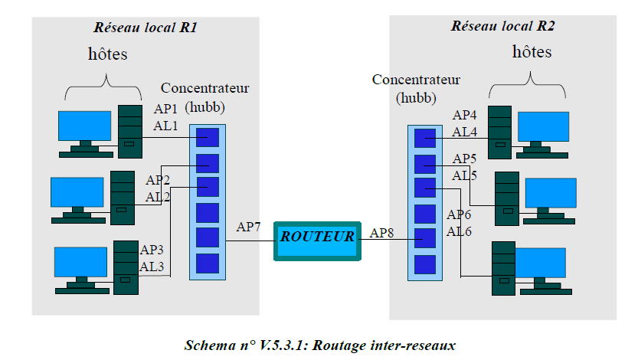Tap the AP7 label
pyautogui.click(x=249, y=227)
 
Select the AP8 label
pyautogui.click(x=383, y=232)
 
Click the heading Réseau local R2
pyautogui.click(x=503, y=25)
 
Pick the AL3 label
pyautogui.click(x=152, y=266)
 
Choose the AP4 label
pyautogui.click(x=465, y=116)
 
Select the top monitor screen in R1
pyautogui.click(x=85, y=126)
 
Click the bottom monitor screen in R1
pyautogui.click(x=80, y=263)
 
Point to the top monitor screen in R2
pyautogui.click(x=542, y=126)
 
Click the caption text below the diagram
pyautogui.click(x=320, y=345)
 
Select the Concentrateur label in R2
pyautogui.click(x=416, y=79)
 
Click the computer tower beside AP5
pyautogui.click(x=506, y=198)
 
